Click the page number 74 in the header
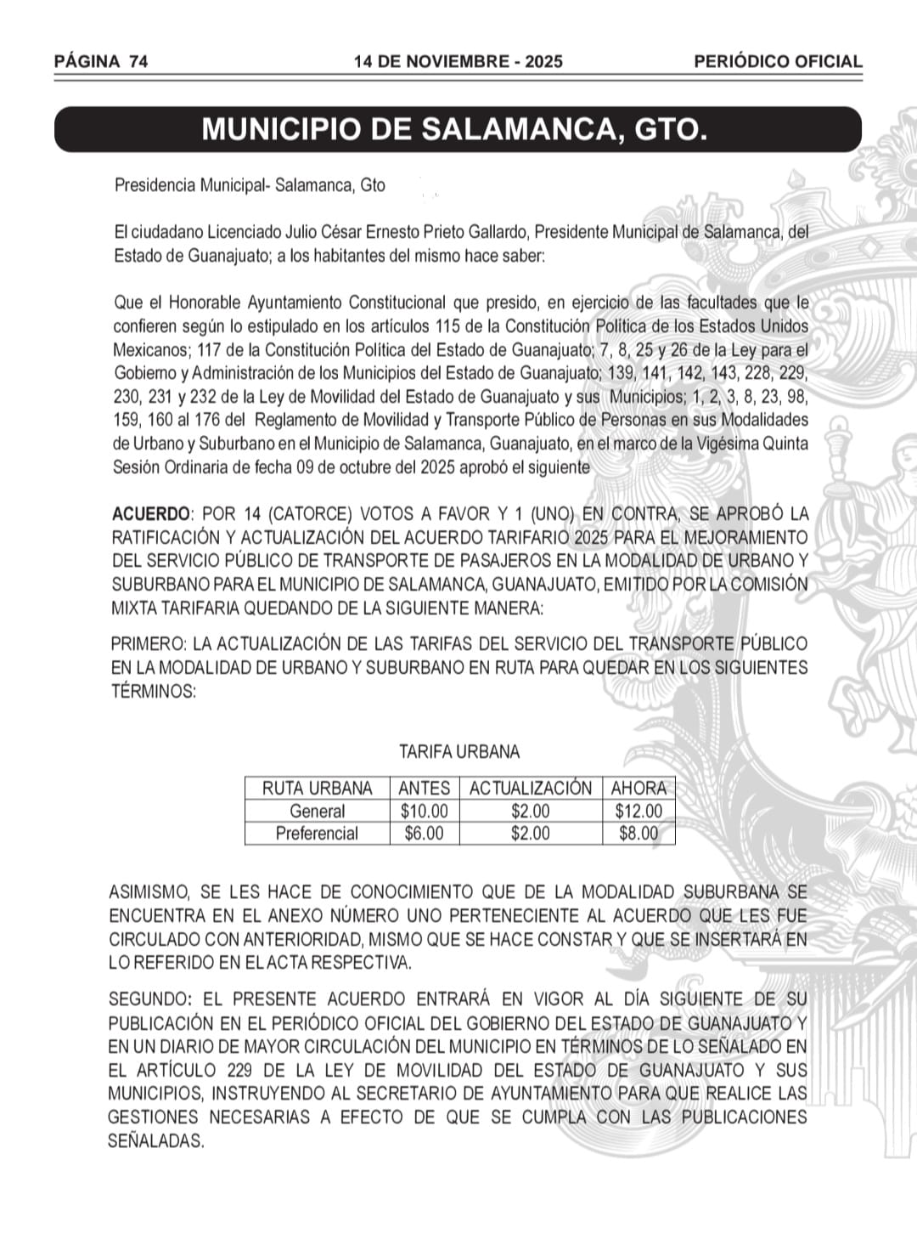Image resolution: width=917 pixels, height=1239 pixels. [139, 61]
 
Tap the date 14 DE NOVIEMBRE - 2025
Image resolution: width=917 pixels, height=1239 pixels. [458, 61]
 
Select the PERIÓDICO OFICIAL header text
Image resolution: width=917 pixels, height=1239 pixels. [778, 61]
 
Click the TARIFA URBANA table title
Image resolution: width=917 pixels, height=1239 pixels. [459, 752]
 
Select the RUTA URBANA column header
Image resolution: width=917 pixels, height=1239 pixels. [317, 789]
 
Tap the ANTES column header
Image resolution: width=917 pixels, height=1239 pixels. [424, 789]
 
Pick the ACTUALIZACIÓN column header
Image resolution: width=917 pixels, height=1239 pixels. [531, 789]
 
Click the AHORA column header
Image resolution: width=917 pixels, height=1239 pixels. [639, 789]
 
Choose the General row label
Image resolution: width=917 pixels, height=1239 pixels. [317, 812]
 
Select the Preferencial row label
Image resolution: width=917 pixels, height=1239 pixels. [317, 834]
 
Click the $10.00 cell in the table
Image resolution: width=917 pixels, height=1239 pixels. [424, 812]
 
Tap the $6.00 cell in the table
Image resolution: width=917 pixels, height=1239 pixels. [424, 834]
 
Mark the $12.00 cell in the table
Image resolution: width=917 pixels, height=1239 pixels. [639, 812]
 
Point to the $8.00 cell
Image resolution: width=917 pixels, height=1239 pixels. [639, 834]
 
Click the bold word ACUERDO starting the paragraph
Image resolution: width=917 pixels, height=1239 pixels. [151, 514]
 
